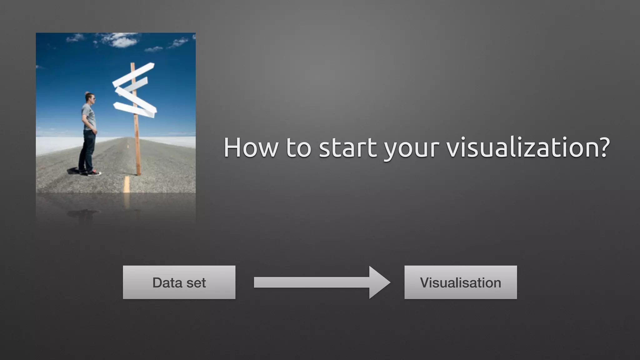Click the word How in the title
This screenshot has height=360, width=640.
[x=250, y=147]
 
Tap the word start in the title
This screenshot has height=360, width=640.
[x=347, y=147]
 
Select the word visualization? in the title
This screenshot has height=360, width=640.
[x=527, y=147]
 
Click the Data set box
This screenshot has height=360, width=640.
[x=179, y=282]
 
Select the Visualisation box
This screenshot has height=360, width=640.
[x=460, y=282]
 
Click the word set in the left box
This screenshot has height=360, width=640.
[x=196, y=283]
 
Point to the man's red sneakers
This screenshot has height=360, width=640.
[x=94, y=173]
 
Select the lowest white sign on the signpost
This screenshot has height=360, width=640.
[x=134, y=109]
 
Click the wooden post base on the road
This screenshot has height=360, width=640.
[x=138, y=170]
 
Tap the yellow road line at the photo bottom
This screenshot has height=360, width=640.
[x=126, y=184]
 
